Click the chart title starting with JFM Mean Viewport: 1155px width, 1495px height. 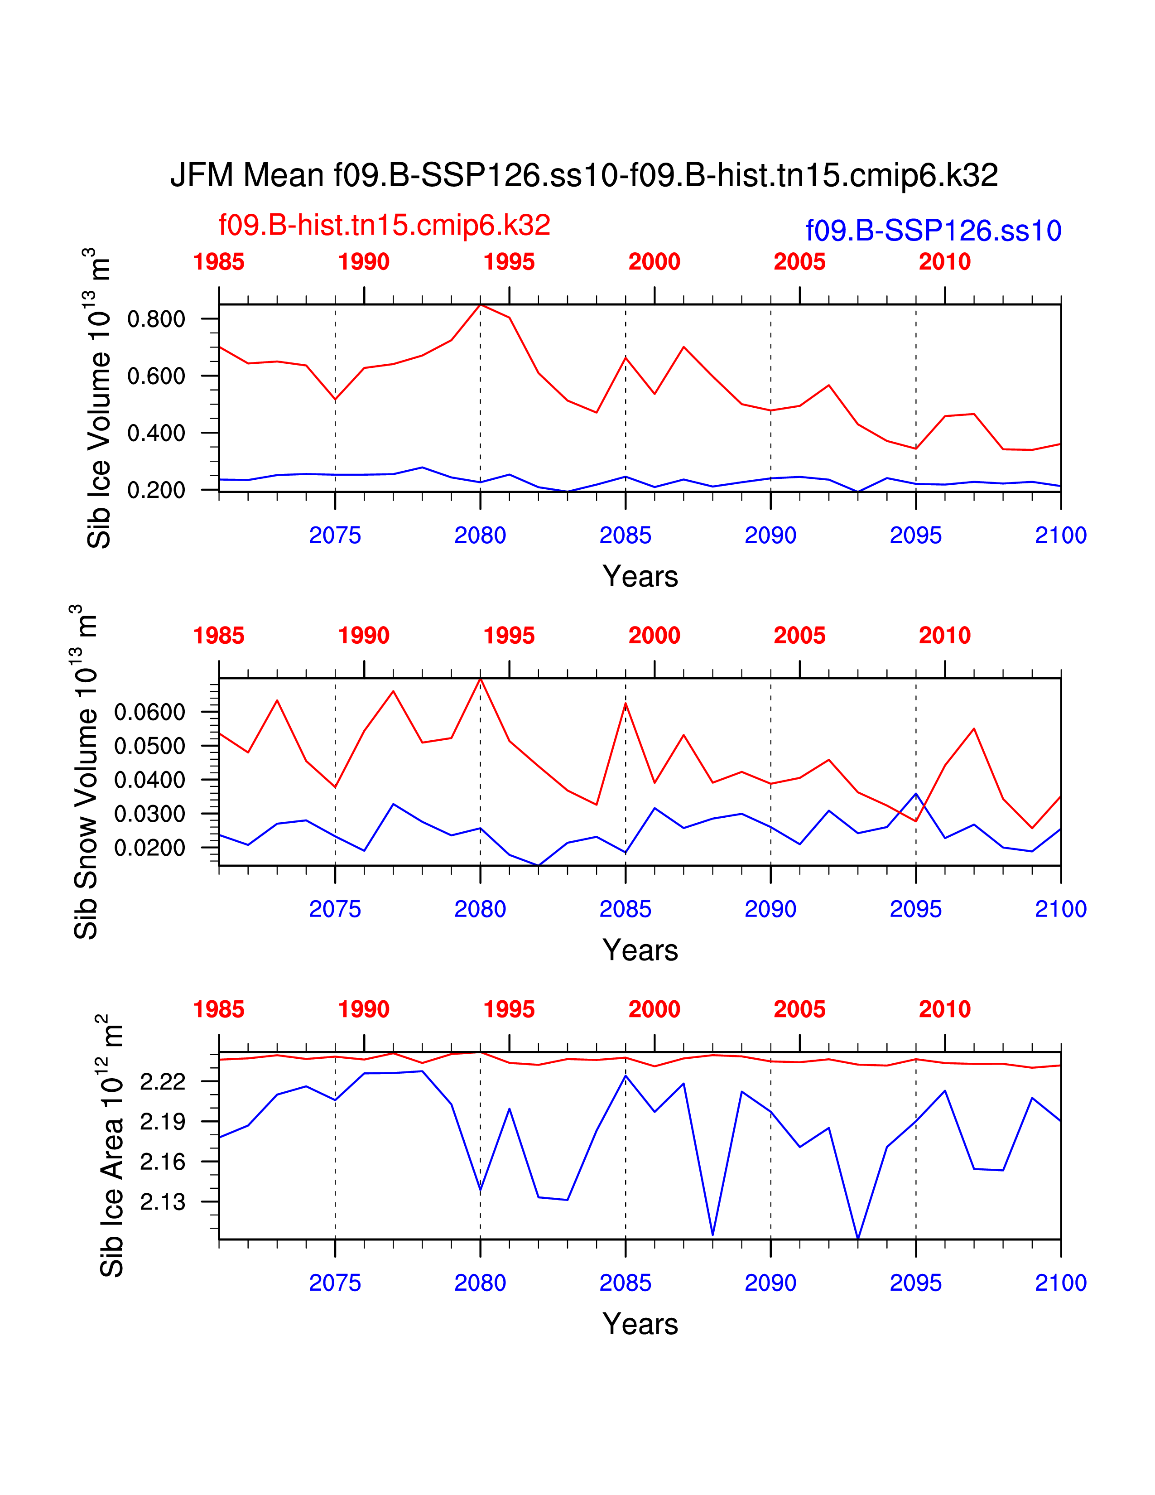tap(584, 175)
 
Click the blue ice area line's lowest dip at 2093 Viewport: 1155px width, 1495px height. tap(858, 1238)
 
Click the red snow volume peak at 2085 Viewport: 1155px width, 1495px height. tap(626, 704)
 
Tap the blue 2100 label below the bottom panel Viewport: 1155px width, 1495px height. tap(1060, 1283)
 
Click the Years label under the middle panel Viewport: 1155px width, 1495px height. tap(640, 950)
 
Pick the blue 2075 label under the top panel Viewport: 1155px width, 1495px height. tap(335, 535)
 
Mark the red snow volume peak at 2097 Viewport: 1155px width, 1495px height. tap(974, 728)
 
